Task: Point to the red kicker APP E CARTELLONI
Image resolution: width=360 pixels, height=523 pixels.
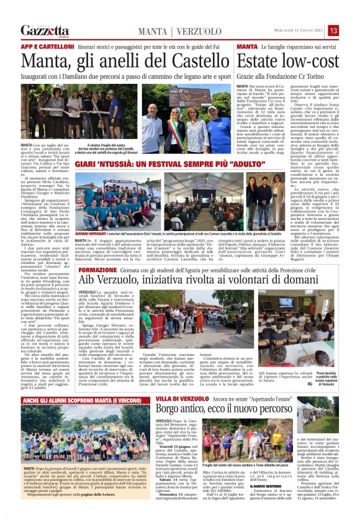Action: pos(44,47)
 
